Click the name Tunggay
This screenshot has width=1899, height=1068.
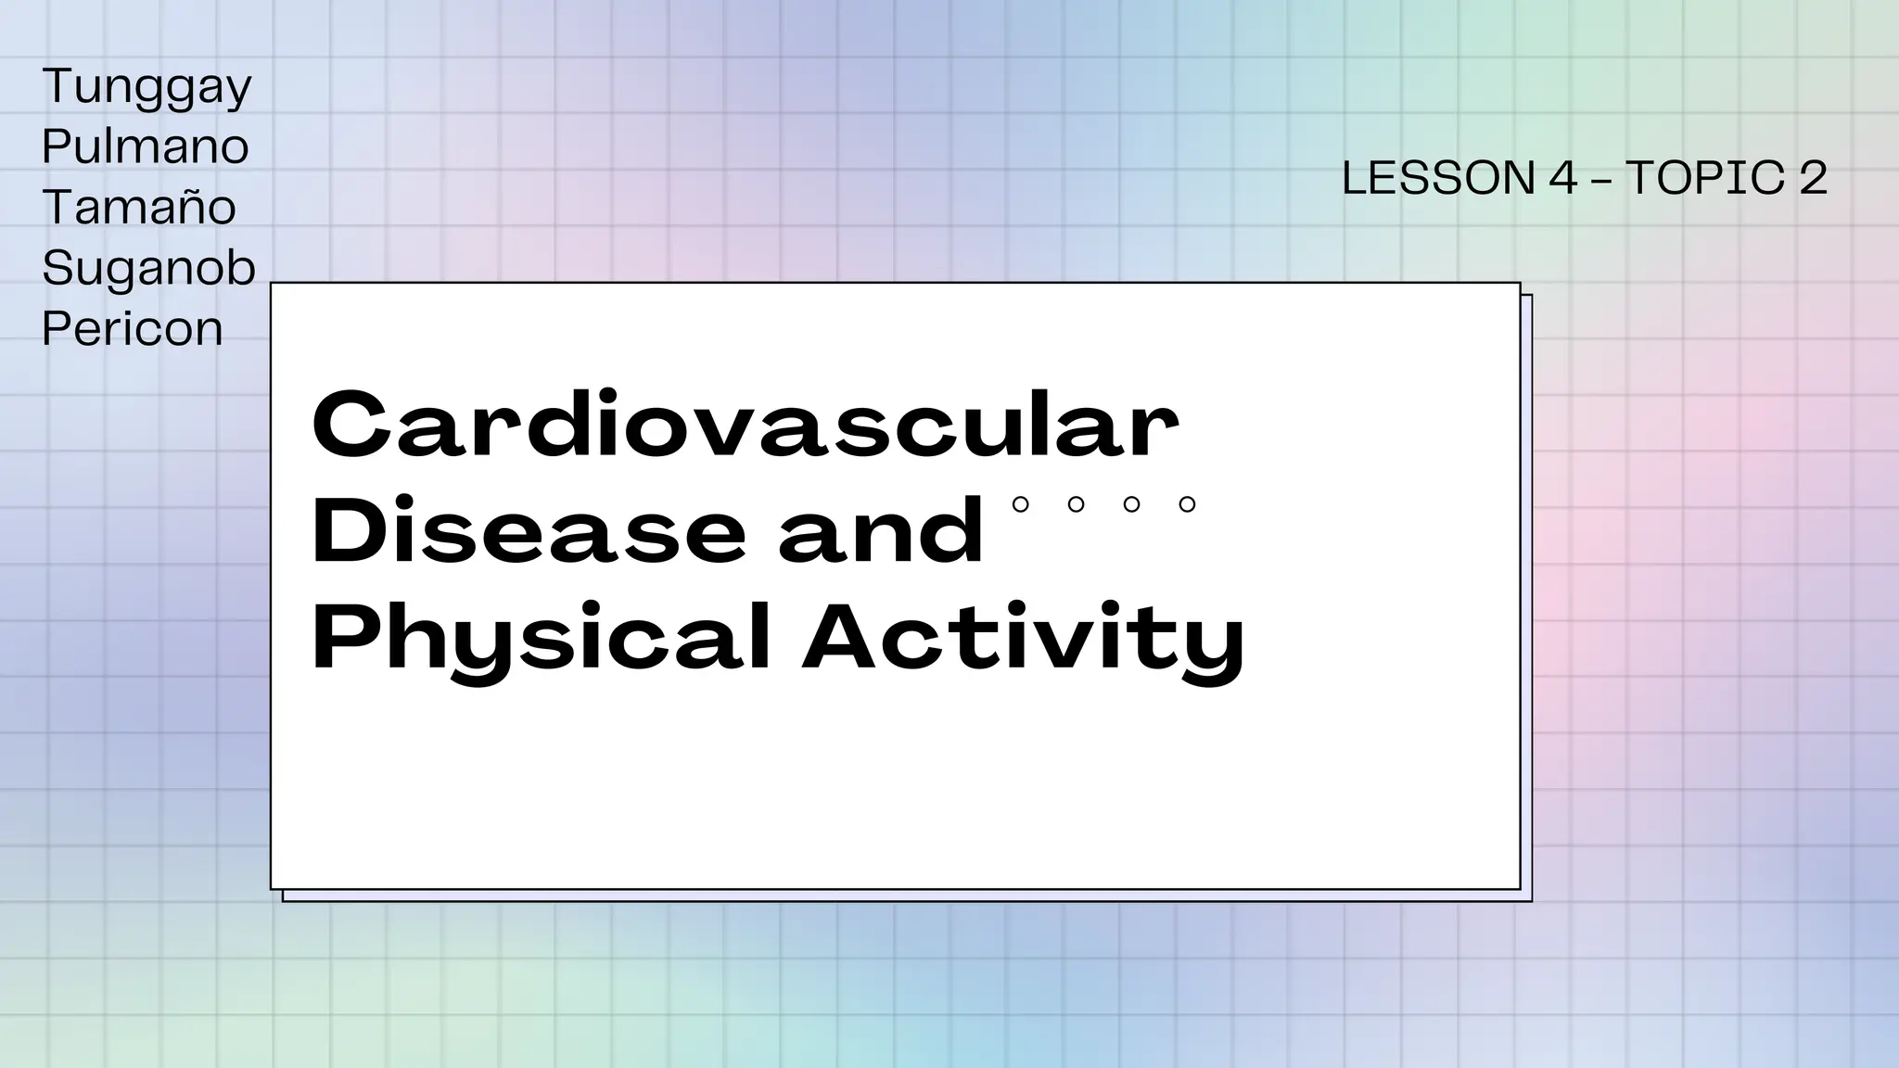[147, 88]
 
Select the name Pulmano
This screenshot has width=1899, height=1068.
[146, 146]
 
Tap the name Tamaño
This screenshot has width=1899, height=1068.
[139, 207]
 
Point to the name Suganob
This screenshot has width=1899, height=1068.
[148, 268]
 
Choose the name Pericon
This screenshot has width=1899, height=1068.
[133, 328]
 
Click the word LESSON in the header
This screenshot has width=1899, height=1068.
[1438, 178]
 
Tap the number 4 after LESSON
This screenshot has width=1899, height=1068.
[1563, 178]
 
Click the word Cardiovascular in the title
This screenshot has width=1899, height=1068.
[746, 426]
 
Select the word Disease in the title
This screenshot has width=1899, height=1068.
[529, 531]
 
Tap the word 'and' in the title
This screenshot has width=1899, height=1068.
[881, 531]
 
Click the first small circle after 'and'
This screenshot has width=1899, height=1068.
[1021, 504]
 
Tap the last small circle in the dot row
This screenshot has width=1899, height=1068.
[1187, 504]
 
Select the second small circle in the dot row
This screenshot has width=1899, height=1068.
[1077, 504]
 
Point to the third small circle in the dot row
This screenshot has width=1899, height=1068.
[1131, 504]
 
